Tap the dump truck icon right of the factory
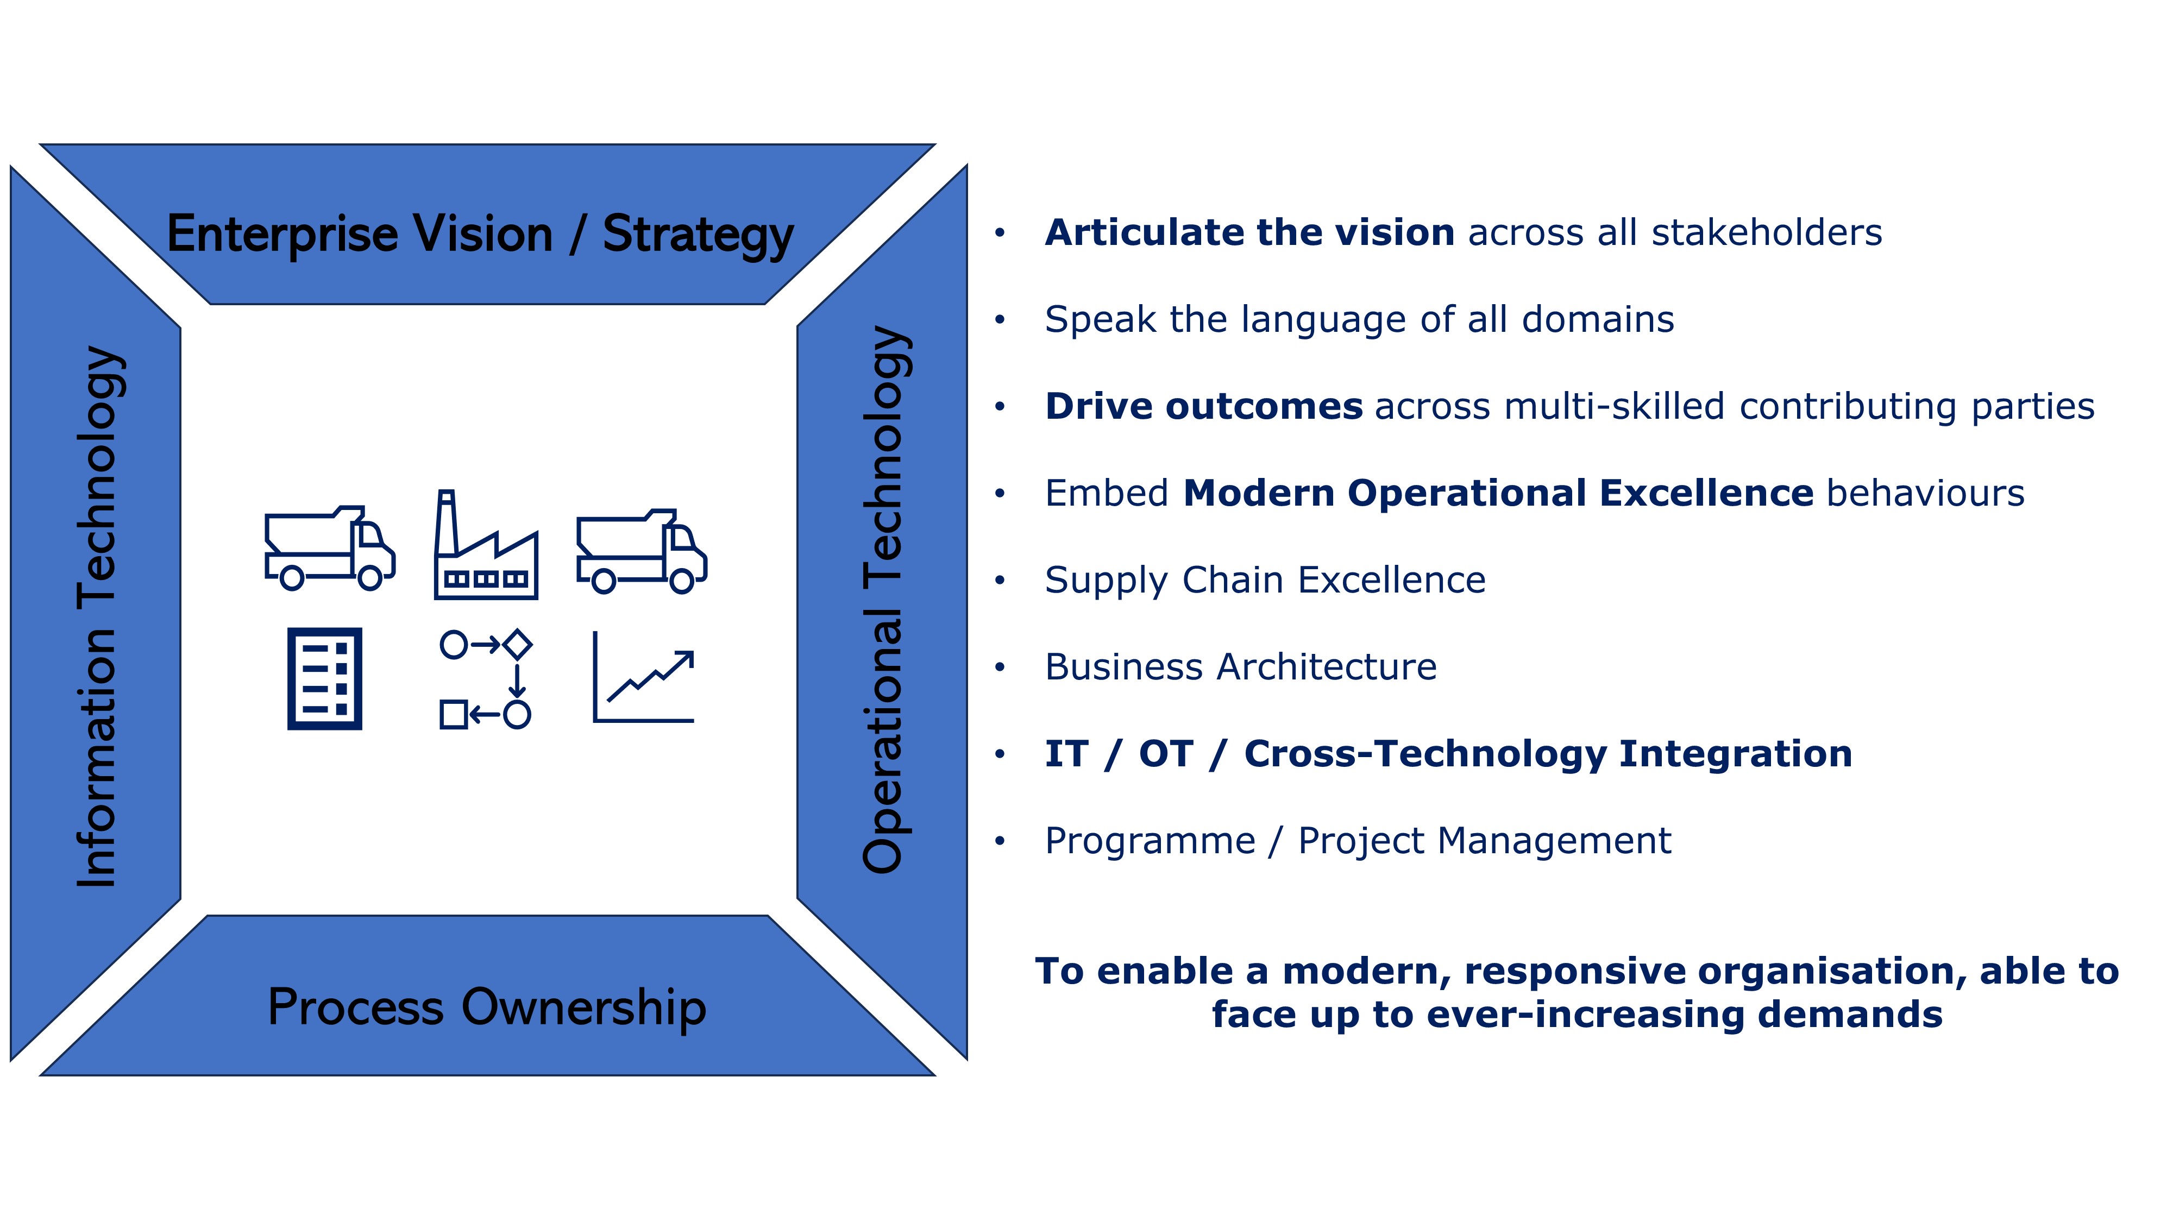pos(641,552)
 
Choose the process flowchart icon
pos(486,679)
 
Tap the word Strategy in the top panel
pos(698,235)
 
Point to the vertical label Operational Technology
pos(883,599)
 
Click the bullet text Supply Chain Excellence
pos(1265,580)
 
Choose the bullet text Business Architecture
pos(1241,667)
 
